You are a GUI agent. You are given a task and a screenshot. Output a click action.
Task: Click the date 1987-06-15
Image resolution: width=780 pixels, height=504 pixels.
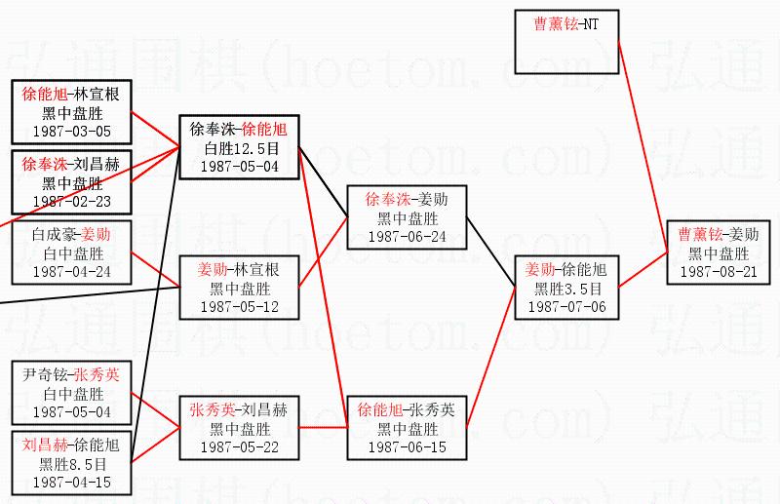pyautogui.click(x=405, y=446)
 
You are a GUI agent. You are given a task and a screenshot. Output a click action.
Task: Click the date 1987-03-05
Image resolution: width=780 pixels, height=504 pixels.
pyautogui.click(x=71, y=131)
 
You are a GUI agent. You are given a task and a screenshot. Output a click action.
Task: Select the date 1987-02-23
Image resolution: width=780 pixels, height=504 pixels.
pyautogui.click(x=71, y=201)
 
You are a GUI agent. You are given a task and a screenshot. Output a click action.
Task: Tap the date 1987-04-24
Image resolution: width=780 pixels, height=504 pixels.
pyautogui.click(x=71, y=271)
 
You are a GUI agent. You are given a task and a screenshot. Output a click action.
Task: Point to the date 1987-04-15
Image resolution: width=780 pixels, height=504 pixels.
pyautogui.click(x=71, y=482)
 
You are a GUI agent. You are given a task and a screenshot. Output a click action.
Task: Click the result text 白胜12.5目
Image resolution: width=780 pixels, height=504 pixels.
pyautogui.click(x=240, y=148)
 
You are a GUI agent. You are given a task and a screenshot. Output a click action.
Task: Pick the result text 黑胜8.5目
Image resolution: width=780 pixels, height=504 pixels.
pyautogui.click(x=71, y=464)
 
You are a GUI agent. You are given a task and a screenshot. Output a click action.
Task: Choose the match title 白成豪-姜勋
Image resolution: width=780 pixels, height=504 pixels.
pyautogui.click(x=71, y=235)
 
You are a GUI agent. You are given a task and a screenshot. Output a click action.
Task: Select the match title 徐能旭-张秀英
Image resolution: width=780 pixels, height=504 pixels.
pyautogui.click(x=405, y=410)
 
